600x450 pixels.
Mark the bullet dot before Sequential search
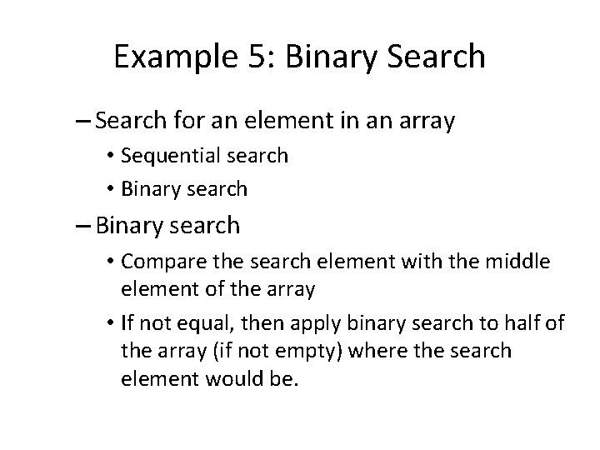pyautogui.click(x=111, y=156)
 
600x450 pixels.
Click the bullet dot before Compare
pyautogui.click(x=111, y=263)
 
